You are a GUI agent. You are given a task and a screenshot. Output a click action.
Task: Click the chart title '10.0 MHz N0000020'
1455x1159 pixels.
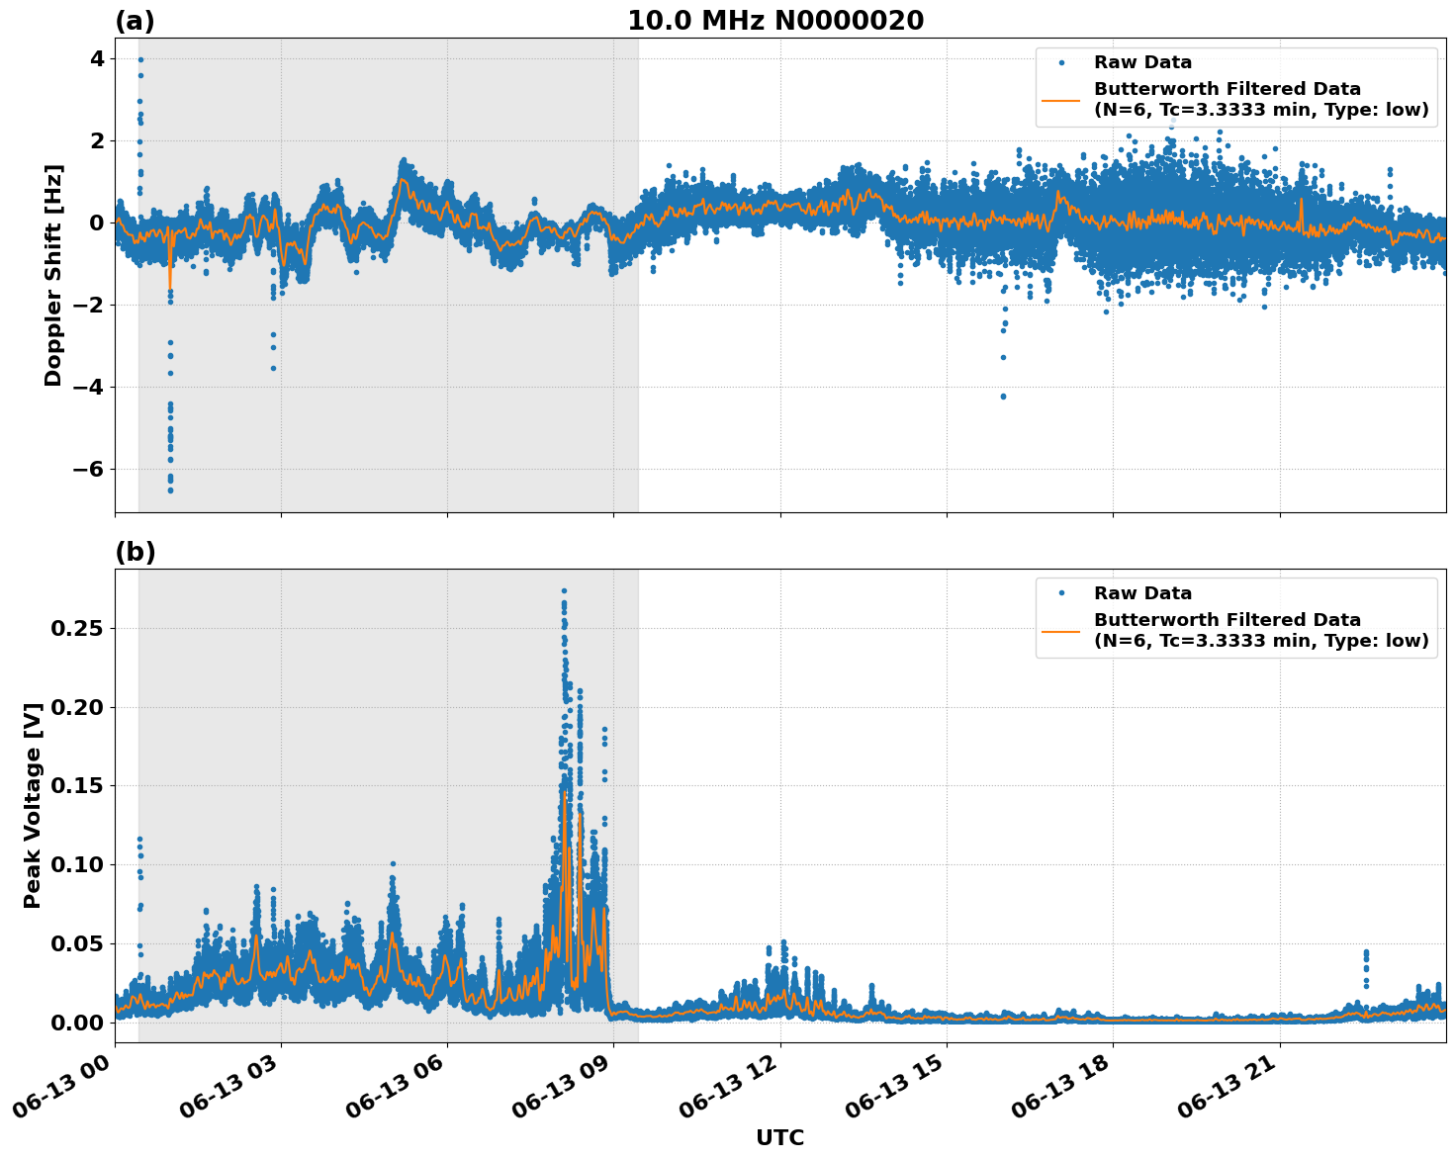point(775,21)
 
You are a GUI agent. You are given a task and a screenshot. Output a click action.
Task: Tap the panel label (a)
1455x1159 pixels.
point(135,21)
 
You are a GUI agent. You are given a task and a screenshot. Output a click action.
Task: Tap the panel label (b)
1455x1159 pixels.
point(135,552)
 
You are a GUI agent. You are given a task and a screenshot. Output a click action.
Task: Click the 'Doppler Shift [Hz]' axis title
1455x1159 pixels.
point(53,275)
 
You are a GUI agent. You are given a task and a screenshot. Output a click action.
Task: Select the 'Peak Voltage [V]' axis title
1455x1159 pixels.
point(33,805)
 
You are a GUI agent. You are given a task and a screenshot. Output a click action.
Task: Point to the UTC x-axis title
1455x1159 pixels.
point(779,1137)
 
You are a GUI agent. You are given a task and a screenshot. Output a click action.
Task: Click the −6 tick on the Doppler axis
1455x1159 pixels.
point(86,469)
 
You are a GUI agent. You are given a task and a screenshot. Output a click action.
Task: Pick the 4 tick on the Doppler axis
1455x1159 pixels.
point(97,59)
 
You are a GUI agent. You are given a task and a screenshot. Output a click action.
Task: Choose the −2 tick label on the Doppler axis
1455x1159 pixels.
point(86,305)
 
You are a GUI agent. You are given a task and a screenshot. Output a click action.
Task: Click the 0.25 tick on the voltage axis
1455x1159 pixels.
point(78,628)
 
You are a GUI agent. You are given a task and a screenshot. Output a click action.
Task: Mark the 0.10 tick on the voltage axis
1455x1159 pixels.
point(78,864)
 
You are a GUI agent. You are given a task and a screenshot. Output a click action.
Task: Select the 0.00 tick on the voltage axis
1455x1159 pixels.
point(78,1022)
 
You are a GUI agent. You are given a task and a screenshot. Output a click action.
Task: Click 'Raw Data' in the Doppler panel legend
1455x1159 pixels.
point(1142,63)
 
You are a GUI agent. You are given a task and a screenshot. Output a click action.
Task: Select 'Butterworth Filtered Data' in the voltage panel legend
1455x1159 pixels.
point(1227,620)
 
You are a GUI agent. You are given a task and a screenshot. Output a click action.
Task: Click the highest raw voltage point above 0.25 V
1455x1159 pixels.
point(564,591)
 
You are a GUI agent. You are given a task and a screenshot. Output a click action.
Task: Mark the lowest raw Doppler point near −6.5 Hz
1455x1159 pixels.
point(170,490)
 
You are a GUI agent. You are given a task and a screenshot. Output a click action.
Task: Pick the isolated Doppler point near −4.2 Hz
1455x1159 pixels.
point(1003,397)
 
